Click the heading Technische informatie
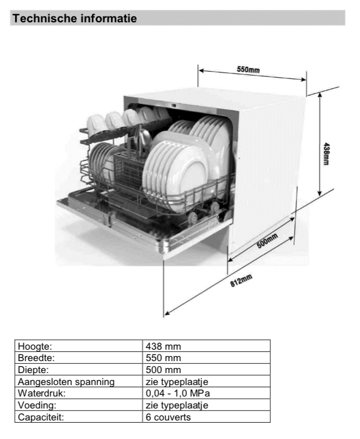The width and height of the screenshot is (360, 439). (x=75, y=19)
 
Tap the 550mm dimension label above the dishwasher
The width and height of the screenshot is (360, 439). (x=248, y=69)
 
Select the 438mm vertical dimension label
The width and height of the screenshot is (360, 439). (x=326, y=154)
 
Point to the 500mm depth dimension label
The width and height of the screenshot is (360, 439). (x=267, y=241)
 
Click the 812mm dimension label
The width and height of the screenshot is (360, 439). (x=241, y=281)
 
